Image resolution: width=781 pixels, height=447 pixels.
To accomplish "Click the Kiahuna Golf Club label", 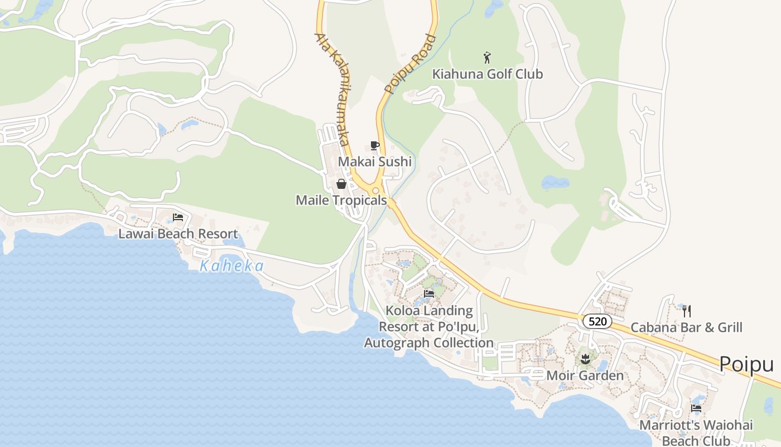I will tap(488, 74).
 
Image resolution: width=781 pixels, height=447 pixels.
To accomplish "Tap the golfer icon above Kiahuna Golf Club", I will tap(487, 57).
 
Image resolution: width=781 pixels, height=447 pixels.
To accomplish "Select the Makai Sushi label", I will tap(375, 162).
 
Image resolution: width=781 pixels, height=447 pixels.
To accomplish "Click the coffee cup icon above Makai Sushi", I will tap(375, 146).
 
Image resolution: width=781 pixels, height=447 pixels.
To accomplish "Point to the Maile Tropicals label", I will tap(341, 200).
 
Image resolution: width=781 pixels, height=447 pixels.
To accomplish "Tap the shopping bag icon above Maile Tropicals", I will tap(341, 184).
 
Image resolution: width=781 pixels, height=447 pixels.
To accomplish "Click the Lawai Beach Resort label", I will tap(178, 234).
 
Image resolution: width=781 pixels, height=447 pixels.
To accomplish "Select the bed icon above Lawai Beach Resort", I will tap(178, 217).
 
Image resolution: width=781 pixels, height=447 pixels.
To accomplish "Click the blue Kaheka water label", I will tap(232, 267).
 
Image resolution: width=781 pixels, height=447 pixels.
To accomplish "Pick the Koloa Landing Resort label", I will tap(428, 326).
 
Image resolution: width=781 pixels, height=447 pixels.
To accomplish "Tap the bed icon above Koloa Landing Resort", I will tap(429, 293).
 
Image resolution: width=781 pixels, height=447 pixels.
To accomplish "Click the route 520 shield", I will tap(597, 321).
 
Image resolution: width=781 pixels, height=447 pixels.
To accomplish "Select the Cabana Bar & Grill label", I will tap(686, 327).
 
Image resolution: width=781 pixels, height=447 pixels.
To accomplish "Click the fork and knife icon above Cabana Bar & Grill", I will tap(687, 311).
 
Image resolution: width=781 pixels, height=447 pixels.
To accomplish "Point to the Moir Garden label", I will tap(585, 375).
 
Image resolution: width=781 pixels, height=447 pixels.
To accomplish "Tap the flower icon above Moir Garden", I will tap(585, 358).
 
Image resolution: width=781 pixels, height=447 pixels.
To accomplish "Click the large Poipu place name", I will tap(746, 364).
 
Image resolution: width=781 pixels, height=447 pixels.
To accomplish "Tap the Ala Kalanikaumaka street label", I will tap(333, 89).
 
